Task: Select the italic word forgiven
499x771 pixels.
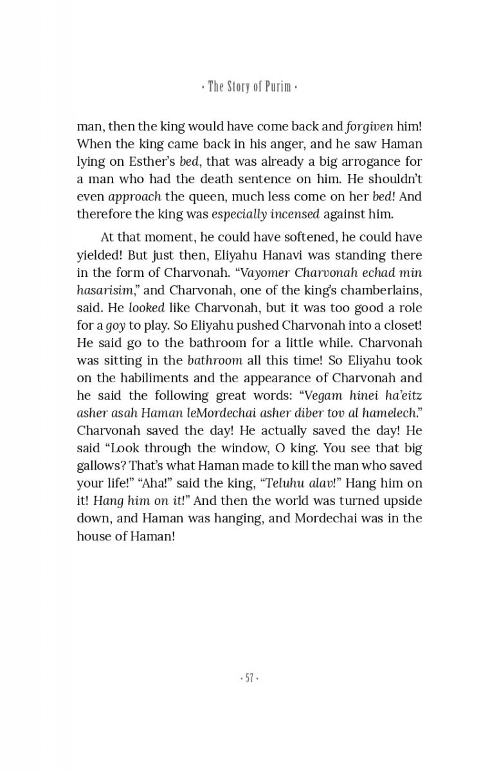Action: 370,127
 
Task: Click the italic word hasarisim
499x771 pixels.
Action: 104,290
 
